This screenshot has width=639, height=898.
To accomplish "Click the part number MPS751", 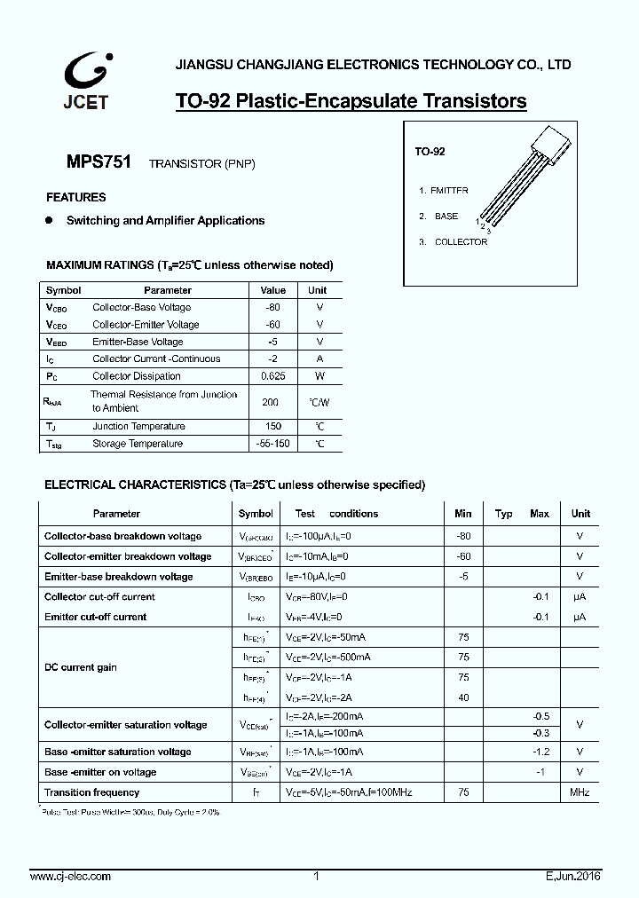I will click(99, 162).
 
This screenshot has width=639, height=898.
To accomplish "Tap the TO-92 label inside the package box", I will click(430, 152).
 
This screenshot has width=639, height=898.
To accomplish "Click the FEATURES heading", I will click(75, 198).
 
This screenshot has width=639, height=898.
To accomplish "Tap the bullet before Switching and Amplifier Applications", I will click(50, 220).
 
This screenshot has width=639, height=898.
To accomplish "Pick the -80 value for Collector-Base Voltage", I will click(272, 308).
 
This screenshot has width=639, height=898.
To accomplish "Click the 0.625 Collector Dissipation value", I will click(272, 376).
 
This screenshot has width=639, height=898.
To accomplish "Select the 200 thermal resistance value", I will click(271, 401).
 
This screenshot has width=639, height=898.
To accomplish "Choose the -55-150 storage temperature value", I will click(272, 444).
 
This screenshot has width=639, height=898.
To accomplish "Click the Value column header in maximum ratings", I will click(272, 290).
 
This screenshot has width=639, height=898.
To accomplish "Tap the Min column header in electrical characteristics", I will click(463, 514).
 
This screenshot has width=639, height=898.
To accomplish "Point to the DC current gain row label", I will click(81, 667).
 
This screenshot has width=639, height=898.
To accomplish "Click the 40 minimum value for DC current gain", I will click(463, 698).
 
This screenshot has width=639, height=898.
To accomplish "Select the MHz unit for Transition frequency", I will click(579, 792).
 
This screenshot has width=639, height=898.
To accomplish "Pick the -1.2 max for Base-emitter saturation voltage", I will click(541, 752).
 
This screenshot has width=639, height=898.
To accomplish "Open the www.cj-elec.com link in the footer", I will click(71, 877).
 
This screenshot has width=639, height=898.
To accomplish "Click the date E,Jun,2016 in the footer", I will click(573, 877).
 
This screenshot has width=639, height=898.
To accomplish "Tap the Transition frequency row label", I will click(91, 792).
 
